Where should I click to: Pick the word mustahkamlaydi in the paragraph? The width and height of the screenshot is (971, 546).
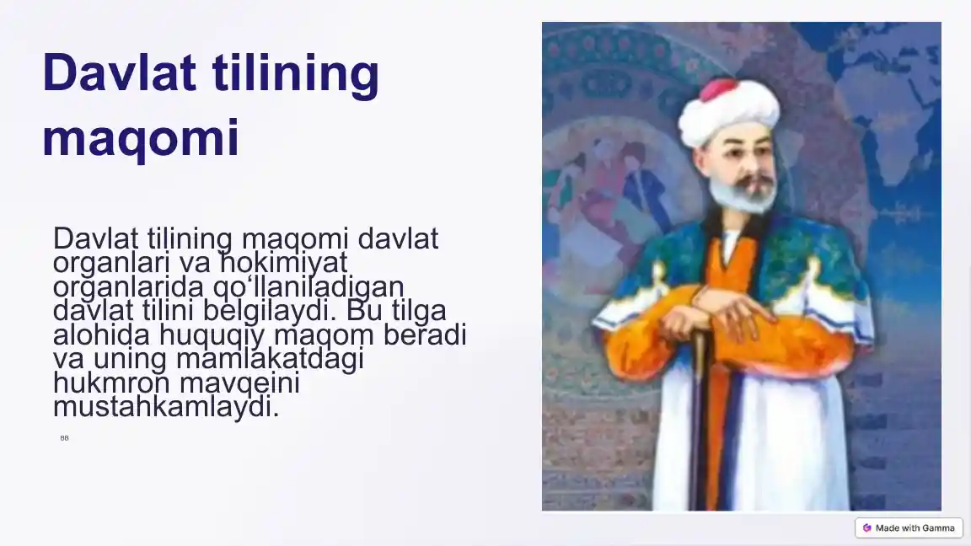tap(164, 408)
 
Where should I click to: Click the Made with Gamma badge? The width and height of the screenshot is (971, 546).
tap(909, 527)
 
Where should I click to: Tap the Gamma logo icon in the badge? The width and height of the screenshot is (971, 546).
tap(866, 527)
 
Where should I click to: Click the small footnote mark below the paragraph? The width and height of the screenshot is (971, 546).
tap(64, 438)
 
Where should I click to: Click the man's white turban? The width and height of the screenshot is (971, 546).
tap(729, 114)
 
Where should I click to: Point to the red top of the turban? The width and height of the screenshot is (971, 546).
tap(718, 88)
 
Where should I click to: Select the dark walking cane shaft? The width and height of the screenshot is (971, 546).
tap(699, 421)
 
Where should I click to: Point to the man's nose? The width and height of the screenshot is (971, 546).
tap(745, 164)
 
